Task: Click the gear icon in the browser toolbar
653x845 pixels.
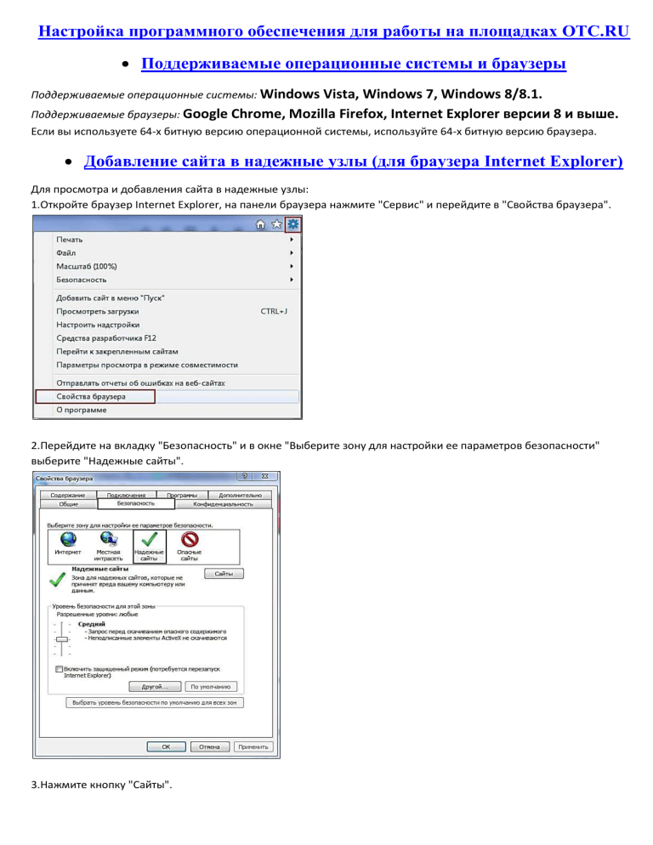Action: point(292,224)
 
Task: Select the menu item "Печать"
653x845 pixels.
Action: point(71,240)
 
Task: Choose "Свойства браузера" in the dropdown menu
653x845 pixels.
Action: point(92,396)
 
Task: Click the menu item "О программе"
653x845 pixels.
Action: point(82,410)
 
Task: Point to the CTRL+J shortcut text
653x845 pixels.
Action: point(273,311)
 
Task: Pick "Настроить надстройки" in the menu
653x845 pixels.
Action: point(98,325)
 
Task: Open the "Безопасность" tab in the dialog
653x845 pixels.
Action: point(136,504)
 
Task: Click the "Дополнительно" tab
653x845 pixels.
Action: point(239,495)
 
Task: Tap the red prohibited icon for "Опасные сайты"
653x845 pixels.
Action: point(189,538)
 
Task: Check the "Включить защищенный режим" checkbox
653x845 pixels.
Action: point(58,669)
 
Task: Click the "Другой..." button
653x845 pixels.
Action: point(153,686)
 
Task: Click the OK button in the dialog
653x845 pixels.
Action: point(167,747)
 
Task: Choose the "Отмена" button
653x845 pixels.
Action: point(209,747)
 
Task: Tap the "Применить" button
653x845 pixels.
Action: point(253,747)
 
